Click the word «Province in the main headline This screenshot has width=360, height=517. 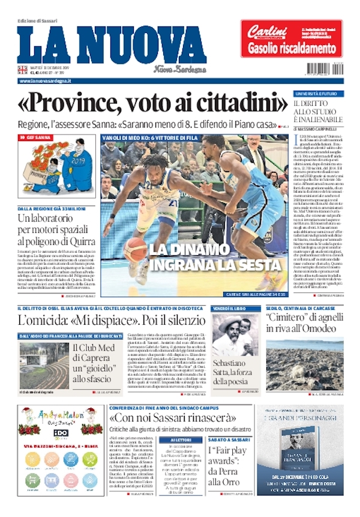click(65, 106)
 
